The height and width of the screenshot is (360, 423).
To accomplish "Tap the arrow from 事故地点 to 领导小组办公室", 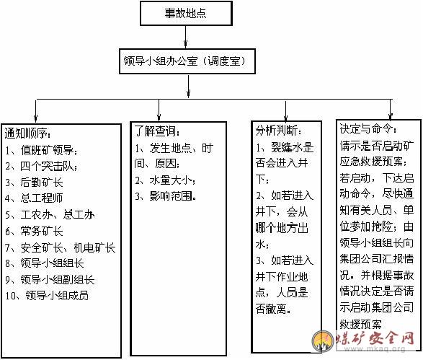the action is pyautogui.click(x=186, y=37).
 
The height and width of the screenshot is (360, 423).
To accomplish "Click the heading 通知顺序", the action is pyautogui.click(x=27, y=133).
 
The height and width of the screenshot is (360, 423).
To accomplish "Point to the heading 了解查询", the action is pyautogui.click(x=157, y=131).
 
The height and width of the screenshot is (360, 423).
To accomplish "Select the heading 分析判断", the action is pyautogui.click(x=278, y=131).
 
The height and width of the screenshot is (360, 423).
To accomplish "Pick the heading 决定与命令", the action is pyautogui.click(x=368, y=129).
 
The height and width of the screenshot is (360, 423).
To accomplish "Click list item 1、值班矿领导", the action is pyautogui.click(x=41, y=150).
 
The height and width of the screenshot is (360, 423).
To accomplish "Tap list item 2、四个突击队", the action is pyautogui.click(x=41, y=167).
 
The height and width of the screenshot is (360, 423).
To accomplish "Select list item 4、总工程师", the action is pyautogui.click(x=34, y=198).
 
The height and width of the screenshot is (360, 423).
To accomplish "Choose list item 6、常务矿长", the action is pyautogui.click(x=34, y=231).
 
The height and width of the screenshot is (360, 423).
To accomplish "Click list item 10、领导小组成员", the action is pyautogui.click(x=47, y=296).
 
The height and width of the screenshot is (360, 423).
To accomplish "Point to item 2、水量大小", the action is pyautogui.click(x=165, y=180).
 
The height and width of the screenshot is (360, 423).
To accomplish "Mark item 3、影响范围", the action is pyautogui.click(x=166, y=196).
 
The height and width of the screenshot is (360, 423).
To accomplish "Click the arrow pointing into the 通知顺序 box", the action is pyautogui.click(x=35, y=111).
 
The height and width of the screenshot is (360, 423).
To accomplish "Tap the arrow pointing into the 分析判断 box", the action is pyautogui.click(x=285, y=110).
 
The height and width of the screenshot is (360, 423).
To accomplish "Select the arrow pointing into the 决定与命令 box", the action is pyautogui.click(x=391, y=110).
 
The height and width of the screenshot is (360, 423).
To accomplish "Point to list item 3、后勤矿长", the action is pyautogui.click(x=34, y=183).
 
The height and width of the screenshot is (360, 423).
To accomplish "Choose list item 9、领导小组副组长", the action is pyautogui.click(x=50, y=279).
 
